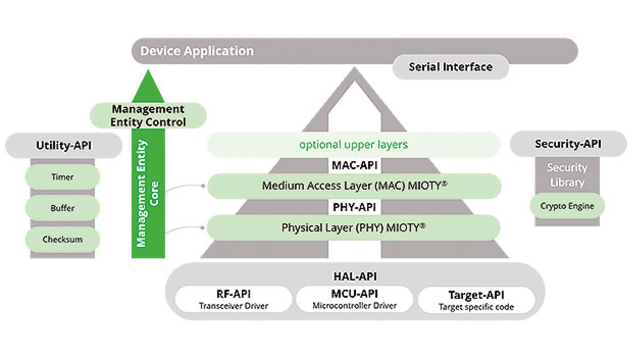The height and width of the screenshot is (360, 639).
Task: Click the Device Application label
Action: [x=197, y=51]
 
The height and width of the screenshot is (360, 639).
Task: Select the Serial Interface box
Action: [x=451, y=67]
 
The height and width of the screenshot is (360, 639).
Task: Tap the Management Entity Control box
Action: [x=148, y=115]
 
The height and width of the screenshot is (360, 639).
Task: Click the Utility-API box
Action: [x=63, y=145]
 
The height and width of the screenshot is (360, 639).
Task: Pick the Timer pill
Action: [x=62, y=177]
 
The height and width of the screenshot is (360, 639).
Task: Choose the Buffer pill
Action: [x=62, y=208]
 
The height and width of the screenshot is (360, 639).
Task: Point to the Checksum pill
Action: [x=62, y=239]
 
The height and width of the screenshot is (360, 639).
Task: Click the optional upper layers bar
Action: [x=354, y=145]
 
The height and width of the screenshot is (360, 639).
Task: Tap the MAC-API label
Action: [x=354, y=165]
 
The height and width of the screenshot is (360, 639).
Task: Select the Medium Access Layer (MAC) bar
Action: [x=354, y=186]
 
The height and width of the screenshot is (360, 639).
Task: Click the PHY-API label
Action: [x=354, y=207]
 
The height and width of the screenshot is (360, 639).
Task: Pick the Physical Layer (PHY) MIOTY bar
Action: [x=354, y=228]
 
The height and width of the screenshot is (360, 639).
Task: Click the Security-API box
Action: [x=568, y=144]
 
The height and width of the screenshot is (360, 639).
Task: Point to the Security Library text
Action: [x=567, y=175]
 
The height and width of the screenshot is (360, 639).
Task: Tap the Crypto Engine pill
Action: [x=567, y=206]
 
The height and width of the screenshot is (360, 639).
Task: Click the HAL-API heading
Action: [x=355, y=277]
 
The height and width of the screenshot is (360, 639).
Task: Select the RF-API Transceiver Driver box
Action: [x=234, y=299]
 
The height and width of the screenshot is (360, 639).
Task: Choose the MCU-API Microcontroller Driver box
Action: [x=354, y=299]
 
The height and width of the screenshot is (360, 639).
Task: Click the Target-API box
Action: [x=476, y=300]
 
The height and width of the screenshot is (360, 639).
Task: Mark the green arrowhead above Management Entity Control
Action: [x=148, y=87]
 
